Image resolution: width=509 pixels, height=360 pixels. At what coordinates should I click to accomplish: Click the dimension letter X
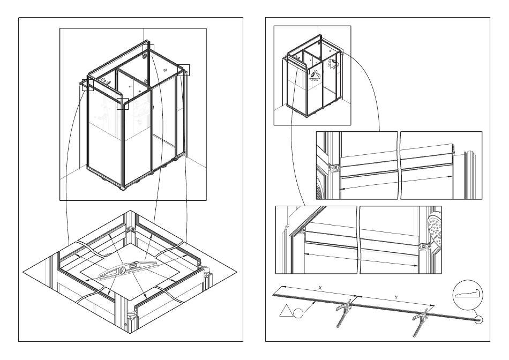(320, 288)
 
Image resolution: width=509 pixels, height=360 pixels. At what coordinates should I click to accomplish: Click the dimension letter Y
(396, 297)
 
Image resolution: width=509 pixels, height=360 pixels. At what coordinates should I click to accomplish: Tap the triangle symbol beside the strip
(286, 311)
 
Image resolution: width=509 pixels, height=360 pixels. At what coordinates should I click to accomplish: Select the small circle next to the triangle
(298, 313)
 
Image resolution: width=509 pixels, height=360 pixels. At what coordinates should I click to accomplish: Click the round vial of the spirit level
(122, 270)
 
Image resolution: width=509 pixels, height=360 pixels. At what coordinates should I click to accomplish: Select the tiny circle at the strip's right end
(479, 320)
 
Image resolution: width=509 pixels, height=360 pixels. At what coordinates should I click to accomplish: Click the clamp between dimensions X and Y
(345, 312)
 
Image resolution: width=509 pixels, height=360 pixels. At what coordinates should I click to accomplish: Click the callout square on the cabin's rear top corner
(148, 50)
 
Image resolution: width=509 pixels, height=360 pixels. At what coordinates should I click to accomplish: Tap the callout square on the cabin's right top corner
(184, 70)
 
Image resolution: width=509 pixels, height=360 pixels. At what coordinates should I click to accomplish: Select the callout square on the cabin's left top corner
(88, 85)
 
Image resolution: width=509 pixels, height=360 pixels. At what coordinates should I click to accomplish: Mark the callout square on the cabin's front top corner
(123, 103)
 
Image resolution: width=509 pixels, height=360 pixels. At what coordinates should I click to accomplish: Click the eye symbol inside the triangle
(314, 74)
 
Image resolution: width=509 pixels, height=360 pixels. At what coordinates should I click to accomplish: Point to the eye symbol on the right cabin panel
(334, 61)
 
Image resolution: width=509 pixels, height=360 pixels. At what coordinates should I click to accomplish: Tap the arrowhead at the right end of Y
(432, 305)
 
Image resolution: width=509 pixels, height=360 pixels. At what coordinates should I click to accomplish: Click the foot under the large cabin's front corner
(123, 188)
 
